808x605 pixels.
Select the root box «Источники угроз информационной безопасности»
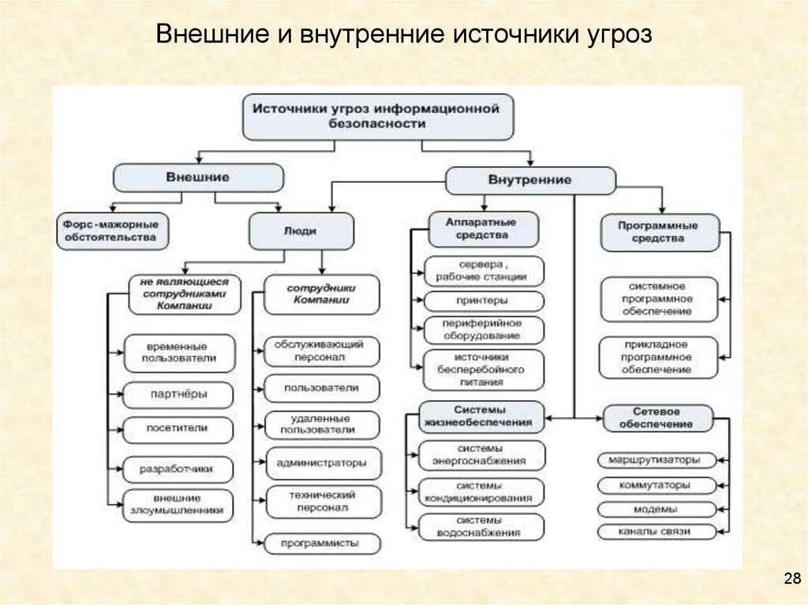(x=377, y=116)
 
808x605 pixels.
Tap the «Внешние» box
(x=198, y=177)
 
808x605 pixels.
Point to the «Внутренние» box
(x=529, y=180)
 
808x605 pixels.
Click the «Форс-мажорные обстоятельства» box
(x=112, y=230)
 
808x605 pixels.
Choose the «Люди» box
(x=301, y=231)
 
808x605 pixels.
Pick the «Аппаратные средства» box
(x=482, y=229)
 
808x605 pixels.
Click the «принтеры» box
(x=483, y=301)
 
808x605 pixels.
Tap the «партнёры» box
(x=179, y=394)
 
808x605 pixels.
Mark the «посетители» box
(x=178, y=428)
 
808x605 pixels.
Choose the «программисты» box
(x=322, y=543)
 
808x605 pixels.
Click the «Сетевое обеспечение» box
(x=657, y=418)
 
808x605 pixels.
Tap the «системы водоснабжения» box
(x=481, y=527)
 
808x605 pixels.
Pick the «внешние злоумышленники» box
(x=178, y=505)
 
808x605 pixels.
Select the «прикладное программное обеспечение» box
(x=658, y=357)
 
